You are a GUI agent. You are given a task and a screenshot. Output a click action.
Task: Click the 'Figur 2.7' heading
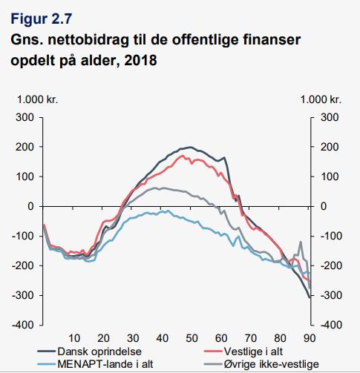tap(42, 19)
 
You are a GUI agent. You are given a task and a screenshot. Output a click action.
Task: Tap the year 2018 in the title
tap(140, 60)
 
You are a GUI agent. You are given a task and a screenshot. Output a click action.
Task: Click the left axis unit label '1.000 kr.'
tap(37, 99)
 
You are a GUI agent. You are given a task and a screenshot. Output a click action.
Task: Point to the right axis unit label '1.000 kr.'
tap(321, 99)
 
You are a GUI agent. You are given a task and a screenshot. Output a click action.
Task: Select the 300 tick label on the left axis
tap(24, 117)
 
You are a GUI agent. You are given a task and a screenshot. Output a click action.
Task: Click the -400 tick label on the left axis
tap(23, 325)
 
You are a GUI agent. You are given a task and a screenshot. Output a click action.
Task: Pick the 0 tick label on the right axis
tap(324, 206)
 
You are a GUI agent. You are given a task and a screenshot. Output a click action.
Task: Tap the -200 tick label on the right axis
tap(331, 265)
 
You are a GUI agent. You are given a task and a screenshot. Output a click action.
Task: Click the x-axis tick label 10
tap(74, 338)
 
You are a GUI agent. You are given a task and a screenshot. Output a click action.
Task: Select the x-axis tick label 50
tap(192, 338)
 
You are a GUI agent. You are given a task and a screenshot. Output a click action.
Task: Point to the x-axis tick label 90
tap(310, 338)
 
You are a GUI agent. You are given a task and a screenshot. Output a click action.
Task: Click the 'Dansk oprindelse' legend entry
tap(90, 351)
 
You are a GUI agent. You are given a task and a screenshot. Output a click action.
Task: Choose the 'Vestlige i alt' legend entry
tap(243, 351)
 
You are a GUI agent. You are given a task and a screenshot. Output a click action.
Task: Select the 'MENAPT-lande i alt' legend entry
tap(95, 364)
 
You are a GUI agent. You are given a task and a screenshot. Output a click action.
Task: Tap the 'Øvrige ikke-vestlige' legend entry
tap(261, 364)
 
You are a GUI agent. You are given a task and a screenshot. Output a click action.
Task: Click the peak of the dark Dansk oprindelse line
tap(190, 147)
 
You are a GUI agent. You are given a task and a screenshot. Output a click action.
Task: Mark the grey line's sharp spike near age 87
tap(301, 242)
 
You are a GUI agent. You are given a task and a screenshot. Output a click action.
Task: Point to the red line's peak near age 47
tap(183, 156)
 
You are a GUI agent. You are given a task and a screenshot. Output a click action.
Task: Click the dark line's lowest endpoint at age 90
tap(310, 297)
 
